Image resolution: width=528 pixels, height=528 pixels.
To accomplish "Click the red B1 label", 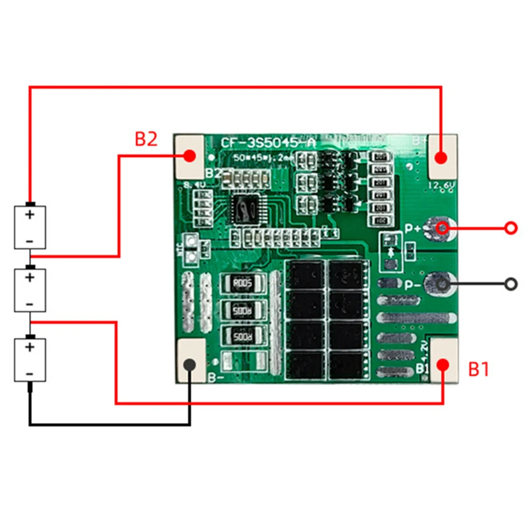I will pyautogui.click(x=479, y=369).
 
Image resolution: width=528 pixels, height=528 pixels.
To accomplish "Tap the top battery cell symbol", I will pyautogui.click(x=30, y=227).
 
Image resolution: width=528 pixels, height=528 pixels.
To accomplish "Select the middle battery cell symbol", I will pyautogui.click(x=30, y=290).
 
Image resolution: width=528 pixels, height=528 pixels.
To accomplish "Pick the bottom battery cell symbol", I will pyautogui.click(x=30, y=360).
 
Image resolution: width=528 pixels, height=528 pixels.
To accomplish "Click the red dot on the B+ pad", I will pyautogui.click(x=441, y=157).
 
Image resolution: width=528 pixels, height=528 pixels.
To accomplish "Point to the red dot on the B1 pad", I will pyautogui.click(x=442, y=365).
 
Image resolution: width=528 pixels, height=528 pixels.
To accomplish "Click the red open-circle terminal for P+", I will pyautogui.click(x=511, y=228).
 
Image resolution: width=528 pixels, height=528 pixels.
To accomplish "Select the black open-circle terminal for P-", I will pyautogui.click(x=511, y=284).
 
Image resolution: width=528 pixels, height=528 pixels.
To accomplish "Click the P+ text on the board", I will pyautogui.click(x=413, y=229).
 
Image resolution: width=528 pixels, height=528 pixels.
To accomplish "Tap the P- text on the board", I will pyautogui.click(x=413, y=285).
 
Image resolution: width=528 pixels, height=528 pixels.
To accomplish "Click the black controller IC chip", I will pyautogui.click(x=244, y=209).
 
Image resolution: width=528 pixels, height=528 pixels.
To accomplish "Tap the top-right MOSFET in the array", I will pyautogui.click(x=346, y=275).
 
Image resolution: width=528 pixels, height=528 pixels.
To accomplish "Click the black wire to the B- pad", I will pyautogui.click(x=106, y=423).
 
